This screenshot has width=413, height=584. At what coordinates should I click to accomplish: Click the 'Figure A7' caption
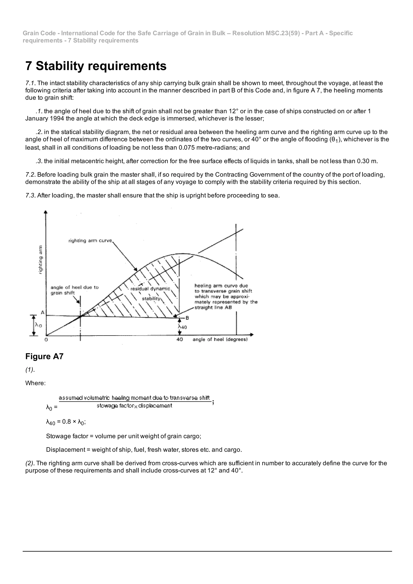point(44,356)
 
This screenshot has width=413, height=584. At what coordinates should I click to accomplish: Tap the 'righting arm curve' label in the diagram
point(90,241)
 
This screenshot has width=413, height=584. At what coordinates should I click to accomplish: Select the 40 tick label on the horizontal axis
point(179,339)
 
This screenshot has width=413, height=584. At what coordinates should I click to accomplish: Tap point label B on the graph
point(187,318)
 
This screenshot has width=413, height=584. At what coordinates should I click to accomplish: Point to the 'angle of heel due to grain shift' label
point(74,290)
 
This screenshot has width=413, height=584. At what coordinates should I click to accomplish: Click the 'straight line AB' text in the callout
point(213,307)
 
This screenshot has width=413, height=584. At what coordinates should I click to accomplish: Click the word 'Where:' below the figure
point(35,383)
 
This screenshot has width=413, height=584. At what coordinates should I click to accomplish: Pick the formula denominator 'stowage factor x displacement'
point(134,406)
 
